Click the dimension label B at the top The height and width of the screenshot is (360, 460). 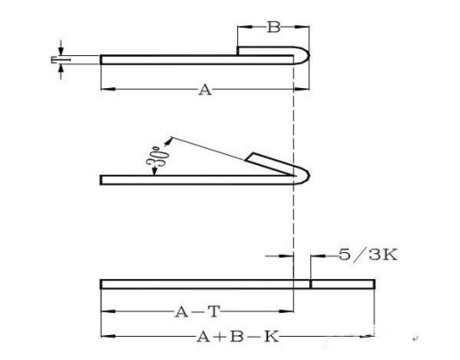pyautogui.click(x=274, y=27)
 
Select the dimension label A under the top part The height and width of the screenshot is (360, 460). pyautogui.click(x=205, y=89)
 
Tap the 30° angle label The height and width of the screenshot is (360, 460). pyautogui.click(x=158, y=156)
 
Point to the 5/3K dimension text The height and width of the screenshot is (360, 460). pyautogui.click(x=368, y=255)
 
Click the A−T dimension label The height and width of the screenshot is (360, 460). pyautogui.click(x=198, y=312)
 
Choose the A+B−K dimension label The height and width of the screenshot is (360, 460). pyautogui.click(x=238, y=337)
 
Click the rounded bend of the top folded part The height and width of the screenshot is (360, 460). pyautogui.click(x=305, y=55)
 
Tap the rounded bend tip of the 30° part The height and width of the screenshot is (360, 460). pyautogui.click(x=306, y=176)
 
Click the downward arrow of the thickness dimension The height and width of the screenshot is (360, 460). pyautogui.click(x=61, y=48)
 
